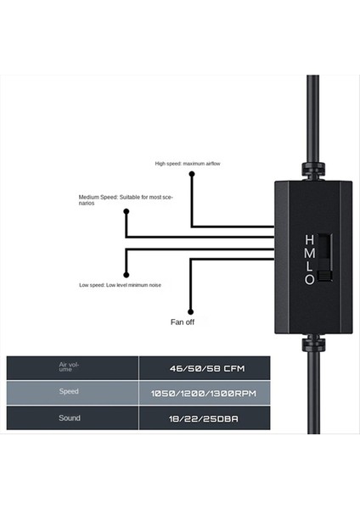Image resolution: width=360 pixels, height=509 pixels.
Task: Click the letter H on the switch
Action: pos(310,240)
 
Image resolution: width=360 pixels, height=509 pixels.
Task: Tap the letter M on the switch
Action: pos(310,253)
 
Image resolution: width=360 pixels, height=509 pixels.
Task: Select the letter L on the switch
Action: pos(310,266)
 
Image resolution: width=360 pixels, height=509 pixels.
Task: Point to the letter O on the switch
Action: pos(310,278)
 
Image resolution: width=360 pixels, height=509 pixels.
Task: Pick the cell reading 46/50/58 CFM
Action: pos(204,368)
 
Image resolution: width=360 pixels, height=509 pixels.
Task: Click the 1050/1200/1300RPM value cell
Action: pos(204,394)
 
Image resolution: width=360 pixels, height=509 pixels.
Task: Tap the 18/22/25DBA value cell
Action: pos(204,418)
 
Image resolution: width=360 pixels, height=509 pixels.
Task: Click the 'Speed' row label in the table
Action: pos(69,393)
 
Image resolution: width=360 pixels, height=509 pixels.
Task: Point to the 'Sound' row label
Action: pos(70,418)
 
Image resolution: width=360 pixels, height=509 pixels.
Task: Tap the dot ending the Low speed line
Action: pos(126,275)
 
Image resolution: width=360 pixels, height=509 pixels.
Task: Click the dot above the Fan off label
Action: pos(190,309)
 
